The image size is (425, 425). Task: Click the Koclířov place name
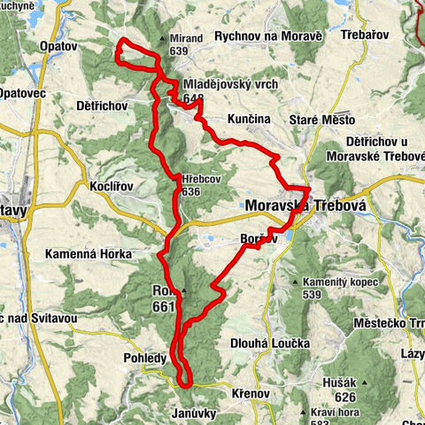[x=112, y=187]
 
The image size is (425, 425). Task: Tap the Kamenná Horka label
[x=83, y=254]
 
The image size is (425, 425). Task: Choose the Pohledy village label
[x=141, y=358]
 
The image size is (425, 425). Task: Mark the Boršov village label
[x=259, y=238]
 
